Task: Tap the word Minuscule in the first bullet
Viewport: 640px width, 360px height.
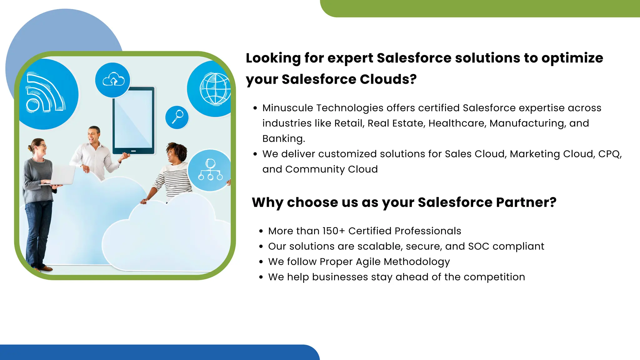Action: click(287, 108)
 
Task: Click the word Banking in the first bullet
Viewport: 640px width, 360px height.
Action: click(282, 139)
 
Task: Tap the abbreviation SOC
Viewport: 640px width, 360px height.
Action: click(479, 247)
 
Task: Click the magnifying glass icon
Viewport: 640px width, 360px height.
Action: click(177, 117)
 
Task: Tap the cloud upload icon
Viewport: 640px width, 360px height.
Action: click(113, 80)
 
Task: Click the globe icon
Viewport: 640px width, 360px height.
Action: click(215, 89)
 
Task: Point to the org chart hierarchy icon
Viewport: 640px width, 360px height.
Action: click(210, 170)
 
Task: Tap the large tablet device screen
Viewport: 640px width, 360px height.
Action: click(133, 120)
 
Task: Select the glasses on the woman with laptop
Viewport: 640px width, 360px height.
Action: click(42, 146)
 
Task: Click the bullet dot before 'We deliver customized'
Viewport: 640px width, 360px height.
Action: click(255, 154)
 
